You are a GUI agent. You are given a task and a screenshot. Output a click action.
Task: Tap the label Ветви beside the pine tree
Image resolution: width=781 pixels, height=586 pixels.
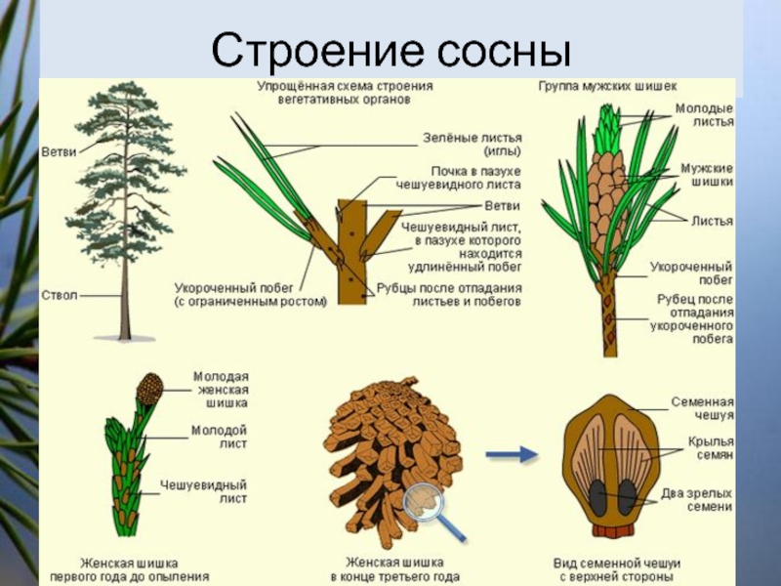59,152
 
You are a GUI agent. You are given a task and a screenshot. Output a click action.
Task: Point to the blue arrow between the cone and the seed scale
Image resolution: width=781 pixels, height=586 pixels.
512,454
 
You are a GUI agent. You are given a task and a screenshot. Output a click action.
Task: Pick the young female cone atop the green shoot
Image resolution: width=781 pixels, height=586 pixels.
150,389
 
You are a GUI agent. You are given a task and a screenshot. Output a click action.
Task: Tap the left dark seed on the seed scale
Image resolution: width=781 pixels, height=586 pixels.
597,497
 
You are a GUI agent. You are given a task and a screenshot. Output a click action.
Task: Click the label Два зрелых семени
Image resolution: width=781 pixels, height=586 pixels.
697,500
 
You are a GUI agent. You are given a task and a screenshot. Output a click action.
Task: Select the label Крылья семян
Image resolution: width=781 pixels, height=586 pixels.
711,447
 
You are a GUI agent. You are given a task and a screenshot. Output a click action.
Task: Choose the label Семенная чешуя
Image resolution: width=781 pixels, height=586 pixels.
702,408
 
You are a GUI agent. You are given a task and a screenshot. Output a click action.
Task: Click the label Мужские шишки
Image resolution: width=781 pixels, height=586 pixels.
707,175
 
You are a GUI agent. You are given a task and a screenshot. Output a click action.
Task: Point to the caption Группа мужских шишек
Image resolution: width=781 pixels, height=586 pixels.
607,86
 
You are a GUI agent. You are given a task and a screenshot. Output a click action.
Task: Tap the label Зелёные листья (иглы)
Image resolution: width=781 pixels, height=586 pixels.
473,144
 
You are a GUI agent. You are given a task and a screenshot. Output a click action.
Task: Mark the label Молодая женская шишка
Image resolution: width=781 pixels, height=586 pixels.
221,390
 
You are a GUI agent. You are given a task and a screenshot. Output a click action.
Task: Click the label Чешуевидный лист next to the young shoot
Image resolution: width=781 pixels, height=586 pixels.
203,491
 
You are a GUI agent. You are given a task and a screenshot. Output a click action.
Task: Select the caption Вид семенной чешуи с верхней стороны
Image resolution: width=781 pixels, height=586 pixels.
617,570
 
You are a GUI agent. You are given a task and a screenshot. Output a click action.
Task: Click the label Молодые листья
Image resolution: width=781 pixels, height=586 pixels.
704,115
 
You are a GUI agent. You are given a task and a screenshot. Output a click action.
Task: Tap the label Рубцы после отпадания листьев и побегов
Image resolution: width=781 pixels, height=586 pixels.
449,295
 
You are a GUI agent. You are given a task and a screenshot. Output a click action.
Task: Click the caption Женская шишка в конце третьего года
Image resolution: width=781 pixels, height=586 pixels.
394,570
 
